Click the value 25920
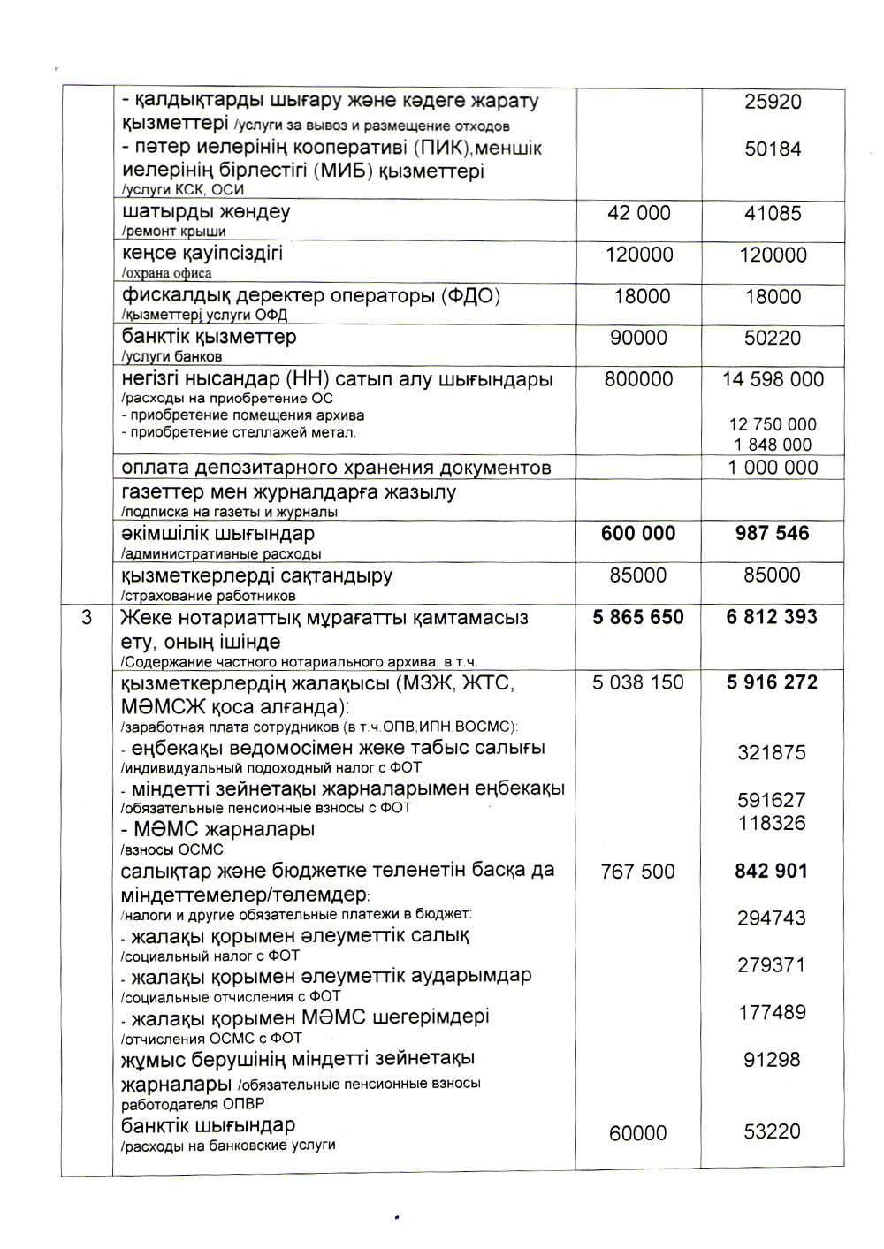click(773, 102)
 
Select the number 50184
click(773, 149)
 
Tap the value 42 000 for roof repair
click(638, 213)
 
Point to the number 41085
click(773, 213)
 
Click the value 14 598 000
click(773, 379)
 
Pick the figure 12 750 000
click(773, 424)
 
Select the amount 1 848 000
click(773, 445)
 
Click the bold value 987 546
click(772, 533)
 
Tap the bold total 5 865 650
click(638, 617)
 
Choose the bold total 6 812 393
click(772, 617)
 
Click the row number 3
click(87, 617)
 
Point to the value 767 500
click(637, 872)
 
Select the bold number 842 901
click(771, 871)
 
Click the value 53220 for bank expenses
click(772, 1131)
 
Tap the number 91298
click(772, 1059)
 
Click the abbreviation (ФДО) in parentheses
click(470, 295)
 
